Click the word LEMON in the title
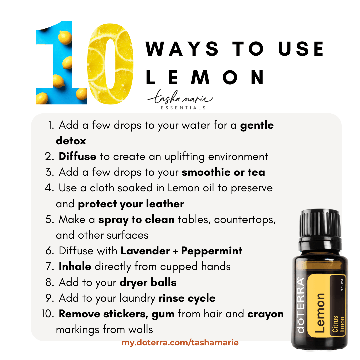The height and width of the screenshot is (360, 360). (x=205, y=77)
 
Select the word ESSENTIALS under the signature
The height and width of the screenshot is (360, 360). (x=183, y=108)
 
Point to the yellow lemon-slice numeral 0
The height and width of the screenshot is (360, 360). (x=110, y=64)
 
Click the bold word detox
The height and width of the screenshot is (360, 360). (x=71, y=141)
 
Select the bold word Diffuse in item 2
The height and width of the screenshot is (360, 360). (x=78, y=156)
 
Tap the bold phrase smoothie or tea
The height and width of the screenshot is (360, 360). (x=223, y=172)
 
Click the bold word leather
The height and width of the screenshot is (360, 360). (x=165, y=204)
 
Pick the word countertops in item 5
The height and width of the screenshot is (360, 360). (x=245, y=220)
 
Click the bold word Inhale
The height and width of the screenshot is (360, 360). (x=75, y=266)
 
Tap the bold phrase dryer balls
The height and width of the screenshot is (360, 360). (x=148, y=283)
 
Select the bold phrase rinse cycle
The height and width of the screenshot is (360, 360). (x=187, y=298)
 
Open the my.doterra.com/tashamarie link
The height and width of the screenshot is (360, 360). (x=180, y=343)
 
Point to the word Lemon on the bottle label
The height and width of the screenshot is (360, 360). (x=320, y=313)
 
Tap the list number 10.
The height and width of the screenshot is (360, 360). (x=48, y=314)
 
